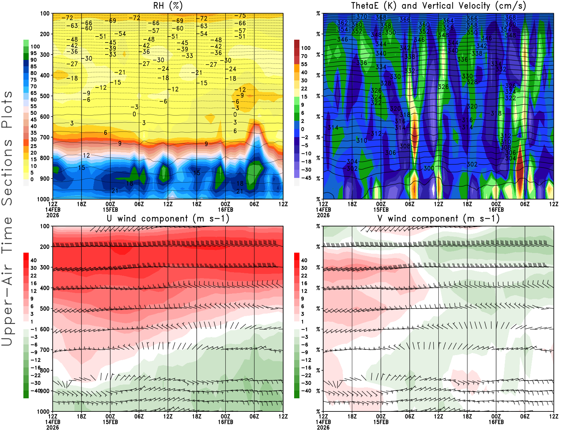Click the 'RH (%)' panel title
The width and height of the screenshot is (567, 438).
tap(168, 6)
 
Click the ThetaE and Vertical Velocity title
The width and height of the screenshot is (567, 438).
tap(438, 6)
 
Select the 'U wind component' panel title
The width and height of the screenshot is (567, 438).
tap(168, 218)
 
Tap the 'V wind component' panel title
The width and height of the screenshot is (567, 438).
tap(438, 218)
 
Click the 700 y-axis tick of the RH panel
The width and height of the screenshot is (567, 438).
tap(45, 137)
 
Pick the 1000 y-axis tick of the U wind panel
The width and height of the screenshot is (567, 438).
tap(44, 411)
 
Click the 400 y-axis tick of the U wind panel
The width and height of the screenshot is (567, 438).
tap(45, 288)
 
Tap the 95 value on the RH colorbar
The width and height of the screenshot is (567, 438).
tap(34, 53)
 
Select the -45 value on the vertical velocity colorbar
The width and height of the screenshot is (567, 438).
tap(306, 178)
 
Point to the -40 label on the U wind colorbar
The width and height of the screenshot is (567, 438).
tap(35, 391)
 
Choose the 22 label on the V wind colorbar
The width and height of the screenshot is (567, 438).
tap(304, 276)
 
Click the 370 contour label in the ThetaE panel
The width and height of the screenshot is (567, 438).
tap(362, 17)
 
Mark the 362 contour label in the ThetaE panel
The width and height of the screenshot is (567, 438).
tap(343, 23)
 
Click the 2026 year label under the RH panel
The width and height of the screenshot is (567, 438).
tap(52, 215)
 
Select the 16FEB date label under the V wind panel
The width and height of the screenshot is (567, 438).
tap(496, 422)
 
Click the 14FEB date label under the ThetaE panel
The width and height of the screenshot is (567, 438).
tap(323, 209)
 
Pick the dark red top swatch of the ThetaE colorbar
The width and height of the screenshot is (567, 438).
tap(297, 44)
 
